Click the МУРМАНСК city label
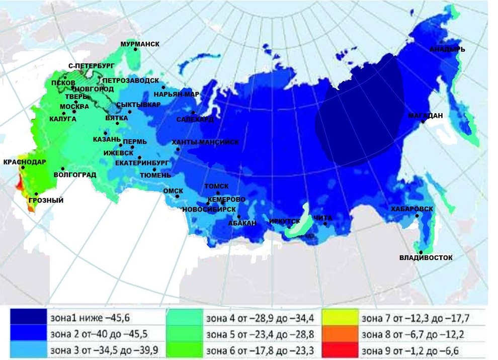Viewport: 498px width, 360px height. click(x=140, y=44)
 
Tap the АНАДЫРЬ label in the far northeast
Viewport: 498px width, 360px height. click(x=447, y=49)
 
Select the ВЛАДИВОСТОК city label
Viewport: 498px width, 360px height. click(x=426, y=258)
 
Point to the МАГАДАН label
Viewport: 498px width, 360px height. click(x=426, y=115)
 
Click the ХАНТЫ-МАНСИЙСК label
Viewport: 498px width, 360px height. click(x=205, y=142)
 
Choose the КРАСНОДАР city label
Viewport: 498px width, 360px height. click(x=25, y=162)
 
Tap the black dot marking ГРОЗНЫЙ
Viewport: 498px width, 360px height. click(x=36, y=194)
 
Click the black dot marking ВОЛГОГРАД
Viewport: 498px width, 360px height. click(x=62, y=169)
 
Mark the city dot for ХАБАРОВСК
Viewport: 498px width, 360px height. click(x=417, y=216)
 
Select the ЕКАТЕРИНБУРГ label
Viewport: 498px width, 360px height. click(x=141, y=163)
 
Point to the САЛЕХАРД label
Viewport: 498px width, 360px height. click(x=195, y=120)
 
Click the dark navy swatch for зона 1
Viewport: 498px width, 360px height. click(x=29, y=318)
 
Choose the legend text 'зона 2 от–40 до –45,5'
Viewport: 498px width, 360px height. click(x=94, y=334)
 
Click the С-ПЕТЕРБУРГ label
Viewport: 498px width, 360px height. click(x=92, y=66)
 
